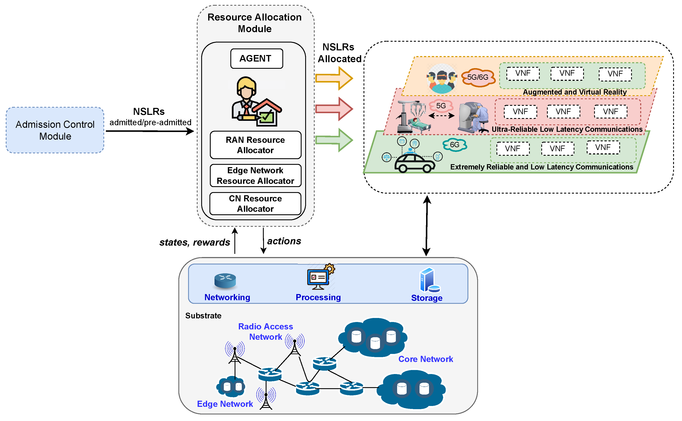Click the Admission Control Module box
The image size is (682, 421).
[55, 130]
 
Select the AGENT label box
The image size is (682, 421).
[256, 58]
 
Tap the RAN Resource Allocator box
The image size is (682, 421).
[255, 145]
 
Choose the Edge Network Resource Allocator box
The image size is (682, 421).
[255, 175]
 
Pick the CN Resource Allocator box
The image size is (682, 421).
[255, 204]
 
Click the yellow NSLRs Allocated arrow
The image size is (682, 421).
[334, 78]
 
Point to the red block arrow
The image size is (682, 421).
[334, 109]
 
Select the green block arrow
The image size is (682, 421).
[334, 140]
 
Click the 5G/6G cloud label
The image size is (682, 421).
[478, 77]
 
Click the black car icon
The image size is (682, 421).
[414, 164]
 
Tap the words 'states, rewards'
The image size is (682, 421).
[194, 242]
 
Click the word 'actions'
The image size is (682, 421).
[284, 241]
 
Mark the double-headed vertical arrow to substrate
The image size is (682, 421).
[427, 226]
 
